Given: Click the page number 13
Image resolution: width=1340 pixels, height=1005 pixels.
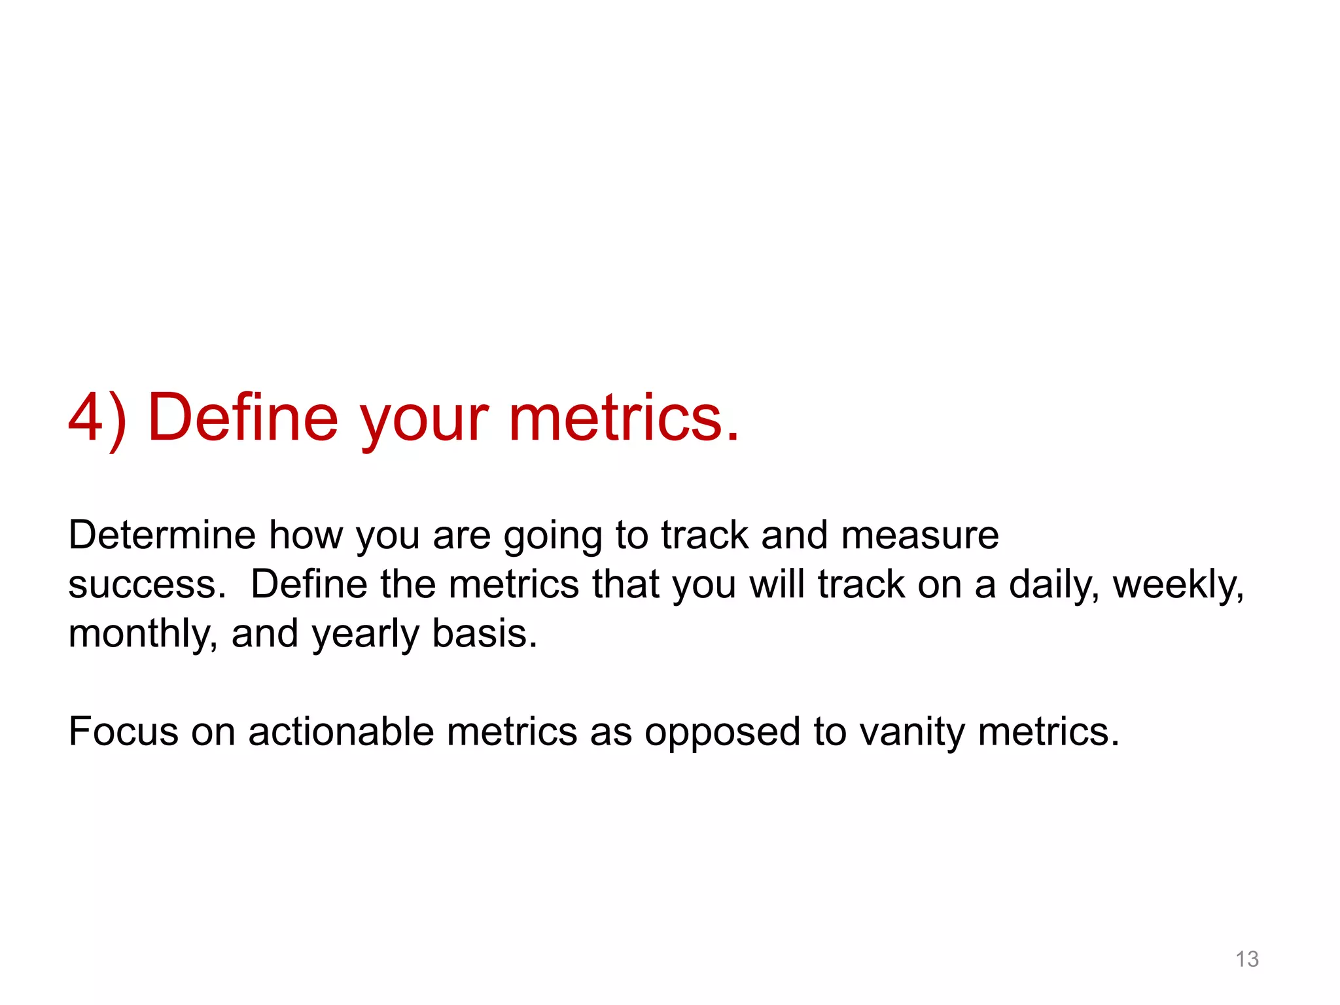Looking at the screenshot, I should (x=1246, y=959).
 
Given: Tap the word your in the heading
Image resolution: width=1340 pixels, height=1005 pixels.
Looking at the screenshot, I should (x=424, y=422).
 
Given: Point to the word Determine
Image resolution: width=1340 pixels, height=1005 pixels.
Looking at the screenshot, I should (x=162, y=535).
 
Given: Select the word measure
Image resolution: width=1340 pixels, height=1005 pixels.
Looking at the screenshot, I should (x=920, y=535).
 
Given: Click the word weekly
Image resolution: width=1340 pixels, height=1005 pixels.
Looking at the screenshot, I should (x=1178, y=584).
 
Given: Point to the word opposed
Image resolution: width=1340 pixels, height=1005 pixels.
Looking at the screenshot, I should (x=722, y=733).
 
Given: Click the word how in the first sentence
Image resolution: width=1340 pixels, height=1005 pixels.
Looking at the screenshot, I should (x=306, y=535).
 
